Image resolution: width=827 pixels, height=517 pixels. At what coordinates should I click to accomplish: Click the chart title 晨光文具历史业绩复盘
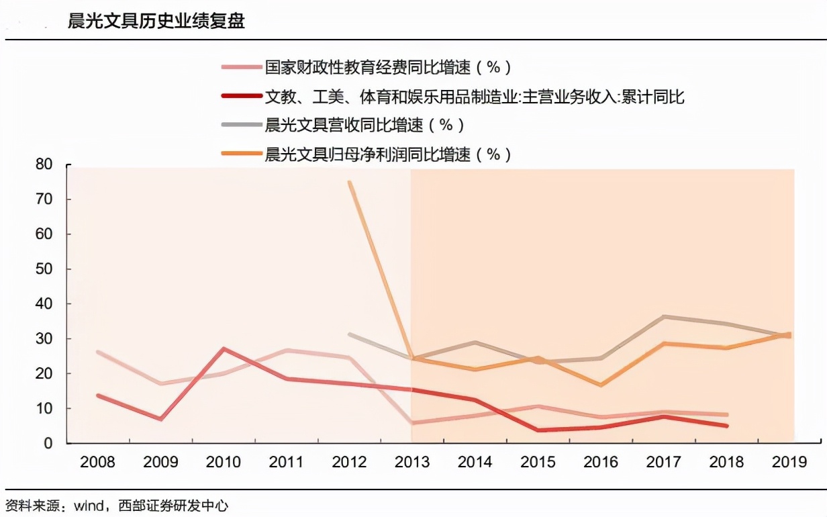coord(156,21)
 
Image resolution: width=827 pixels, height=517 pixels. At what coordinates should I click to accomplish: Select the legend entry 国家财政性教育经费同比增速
coord(387,67)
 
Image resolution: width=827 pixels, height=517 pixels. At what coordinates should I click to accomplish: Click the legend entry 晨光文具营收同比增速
coord(364,125)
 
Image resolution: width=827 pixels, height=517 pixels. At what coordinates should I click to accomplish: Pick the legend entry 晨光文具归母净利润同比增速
coord(387,154)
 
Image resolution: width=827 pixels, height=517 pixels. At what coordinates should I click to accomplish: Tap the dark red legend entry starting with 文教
coord(474,97)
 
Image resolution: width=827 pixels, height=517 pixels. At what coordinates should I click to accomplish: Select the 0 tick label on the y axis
coord(48,443)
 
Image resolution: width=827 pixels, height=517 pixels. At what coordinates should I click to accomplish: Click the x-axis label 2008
coord(97,463)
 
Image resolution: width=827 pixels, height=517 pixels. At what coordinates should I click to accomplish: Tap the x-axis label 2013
coord(411,463)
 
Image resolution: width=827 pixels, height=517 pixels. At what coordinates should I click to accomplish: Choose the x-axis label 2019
coord(789,463)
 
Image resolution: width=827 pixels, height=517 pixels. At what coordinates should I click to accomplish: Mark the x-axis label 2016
coord(601,463)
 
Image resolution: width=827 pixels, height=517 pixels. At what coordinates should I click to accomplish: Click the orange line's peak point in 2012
coord(350,182)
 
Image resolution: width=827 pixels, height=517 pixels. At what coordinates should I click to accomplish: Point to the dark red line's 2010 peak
coord(224,348)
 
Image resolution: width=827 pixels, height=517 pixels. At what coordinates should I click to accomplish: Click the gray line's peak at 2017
coord(664,316)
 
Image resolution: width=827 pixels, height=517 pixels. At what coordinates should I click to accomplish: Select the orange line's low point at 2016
coord(601,385)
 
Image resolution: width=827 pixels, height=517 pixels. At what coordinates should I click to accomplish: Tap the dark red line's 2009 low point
coord(160,419)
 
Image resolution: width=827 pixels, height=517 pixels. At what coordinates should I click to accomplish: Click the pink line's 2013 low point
coord(411,423)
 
